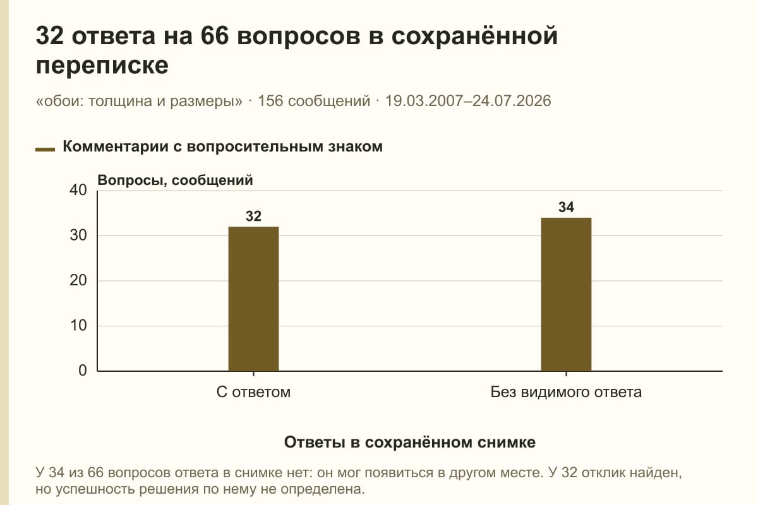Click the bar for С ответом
coord(253,299)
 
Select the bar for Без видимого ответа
coord(566,294)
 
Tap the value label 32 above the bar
coord(253,217)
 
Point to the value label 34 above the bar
coord(566,207)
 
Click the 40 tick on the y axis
coord(78,190)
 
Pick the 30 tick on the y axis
coord(78,235)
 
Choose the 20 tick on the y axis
coord(78,280)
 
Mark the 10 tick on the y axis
coord(78,326)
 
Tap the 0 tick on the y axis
coord(83,371)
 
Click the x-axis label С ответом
coord(253,393)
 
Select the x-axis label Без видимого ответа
coord(566,393)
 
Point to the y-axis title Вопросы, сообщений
coord(176,181)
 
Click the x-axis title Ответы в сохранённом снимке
coord(410,443)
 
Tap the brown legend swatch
coord(45,150)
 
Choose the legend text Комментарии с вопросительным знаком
coord(222,147)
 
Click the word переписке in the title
coord(102,66)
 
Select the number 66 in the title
coord(215,36)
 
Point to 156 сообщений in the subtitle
coord(314,101)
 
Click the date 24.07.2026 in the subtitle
coord(512,101)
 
